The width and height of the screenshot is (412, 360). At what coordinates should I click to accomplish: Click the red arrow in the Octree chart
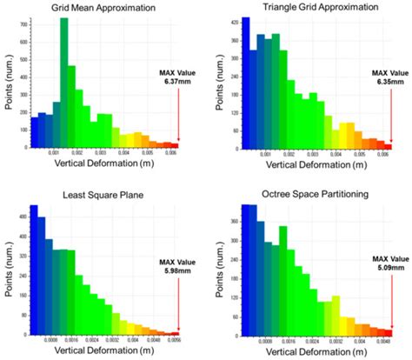pyautogui.click(x=389, y=301)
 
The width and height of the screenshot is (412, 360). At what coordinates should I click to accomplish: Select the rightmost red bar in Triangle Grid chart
pyautogui.click(x=388, y=146)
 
